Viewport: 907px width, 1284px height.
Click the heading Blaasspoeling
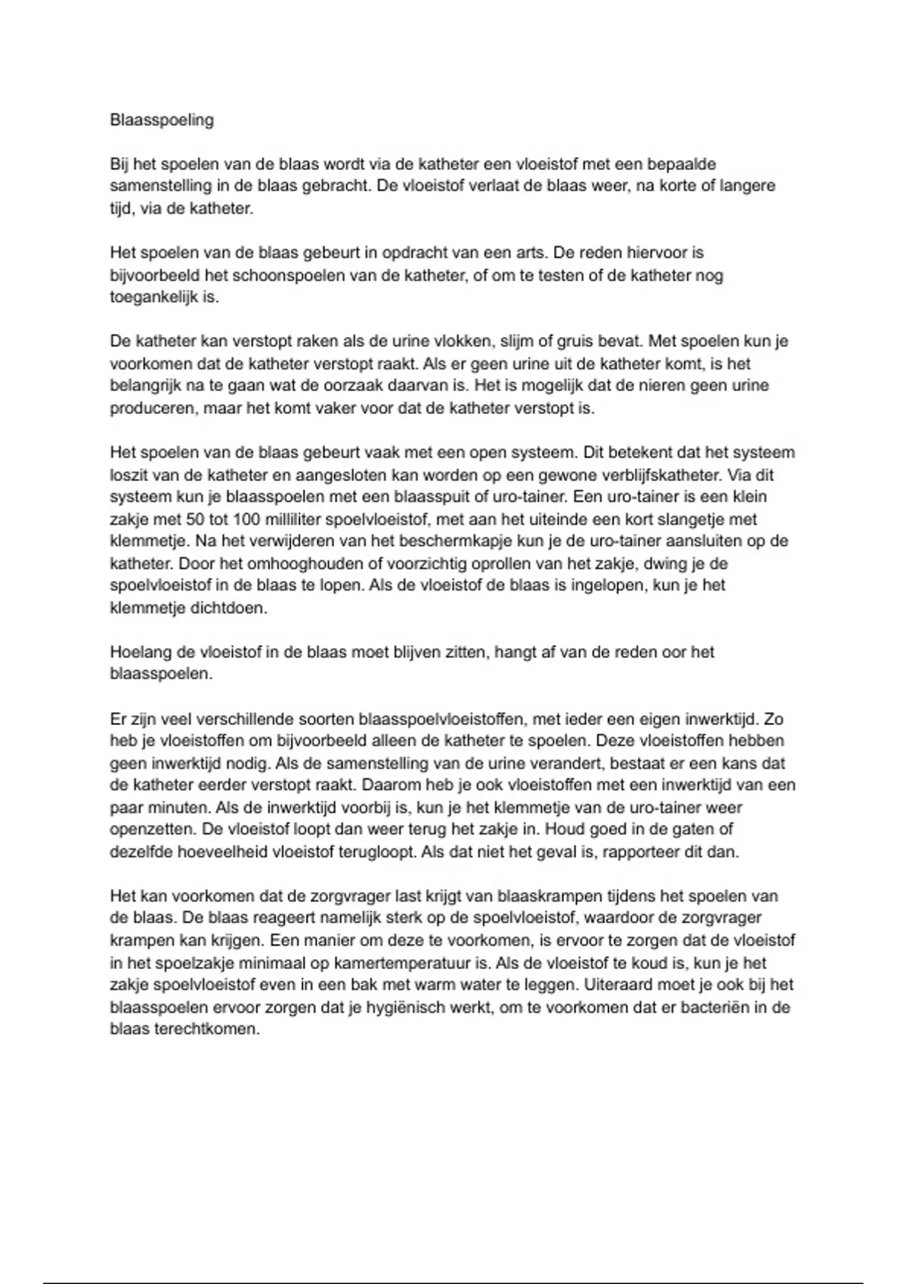coord(162,120)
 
